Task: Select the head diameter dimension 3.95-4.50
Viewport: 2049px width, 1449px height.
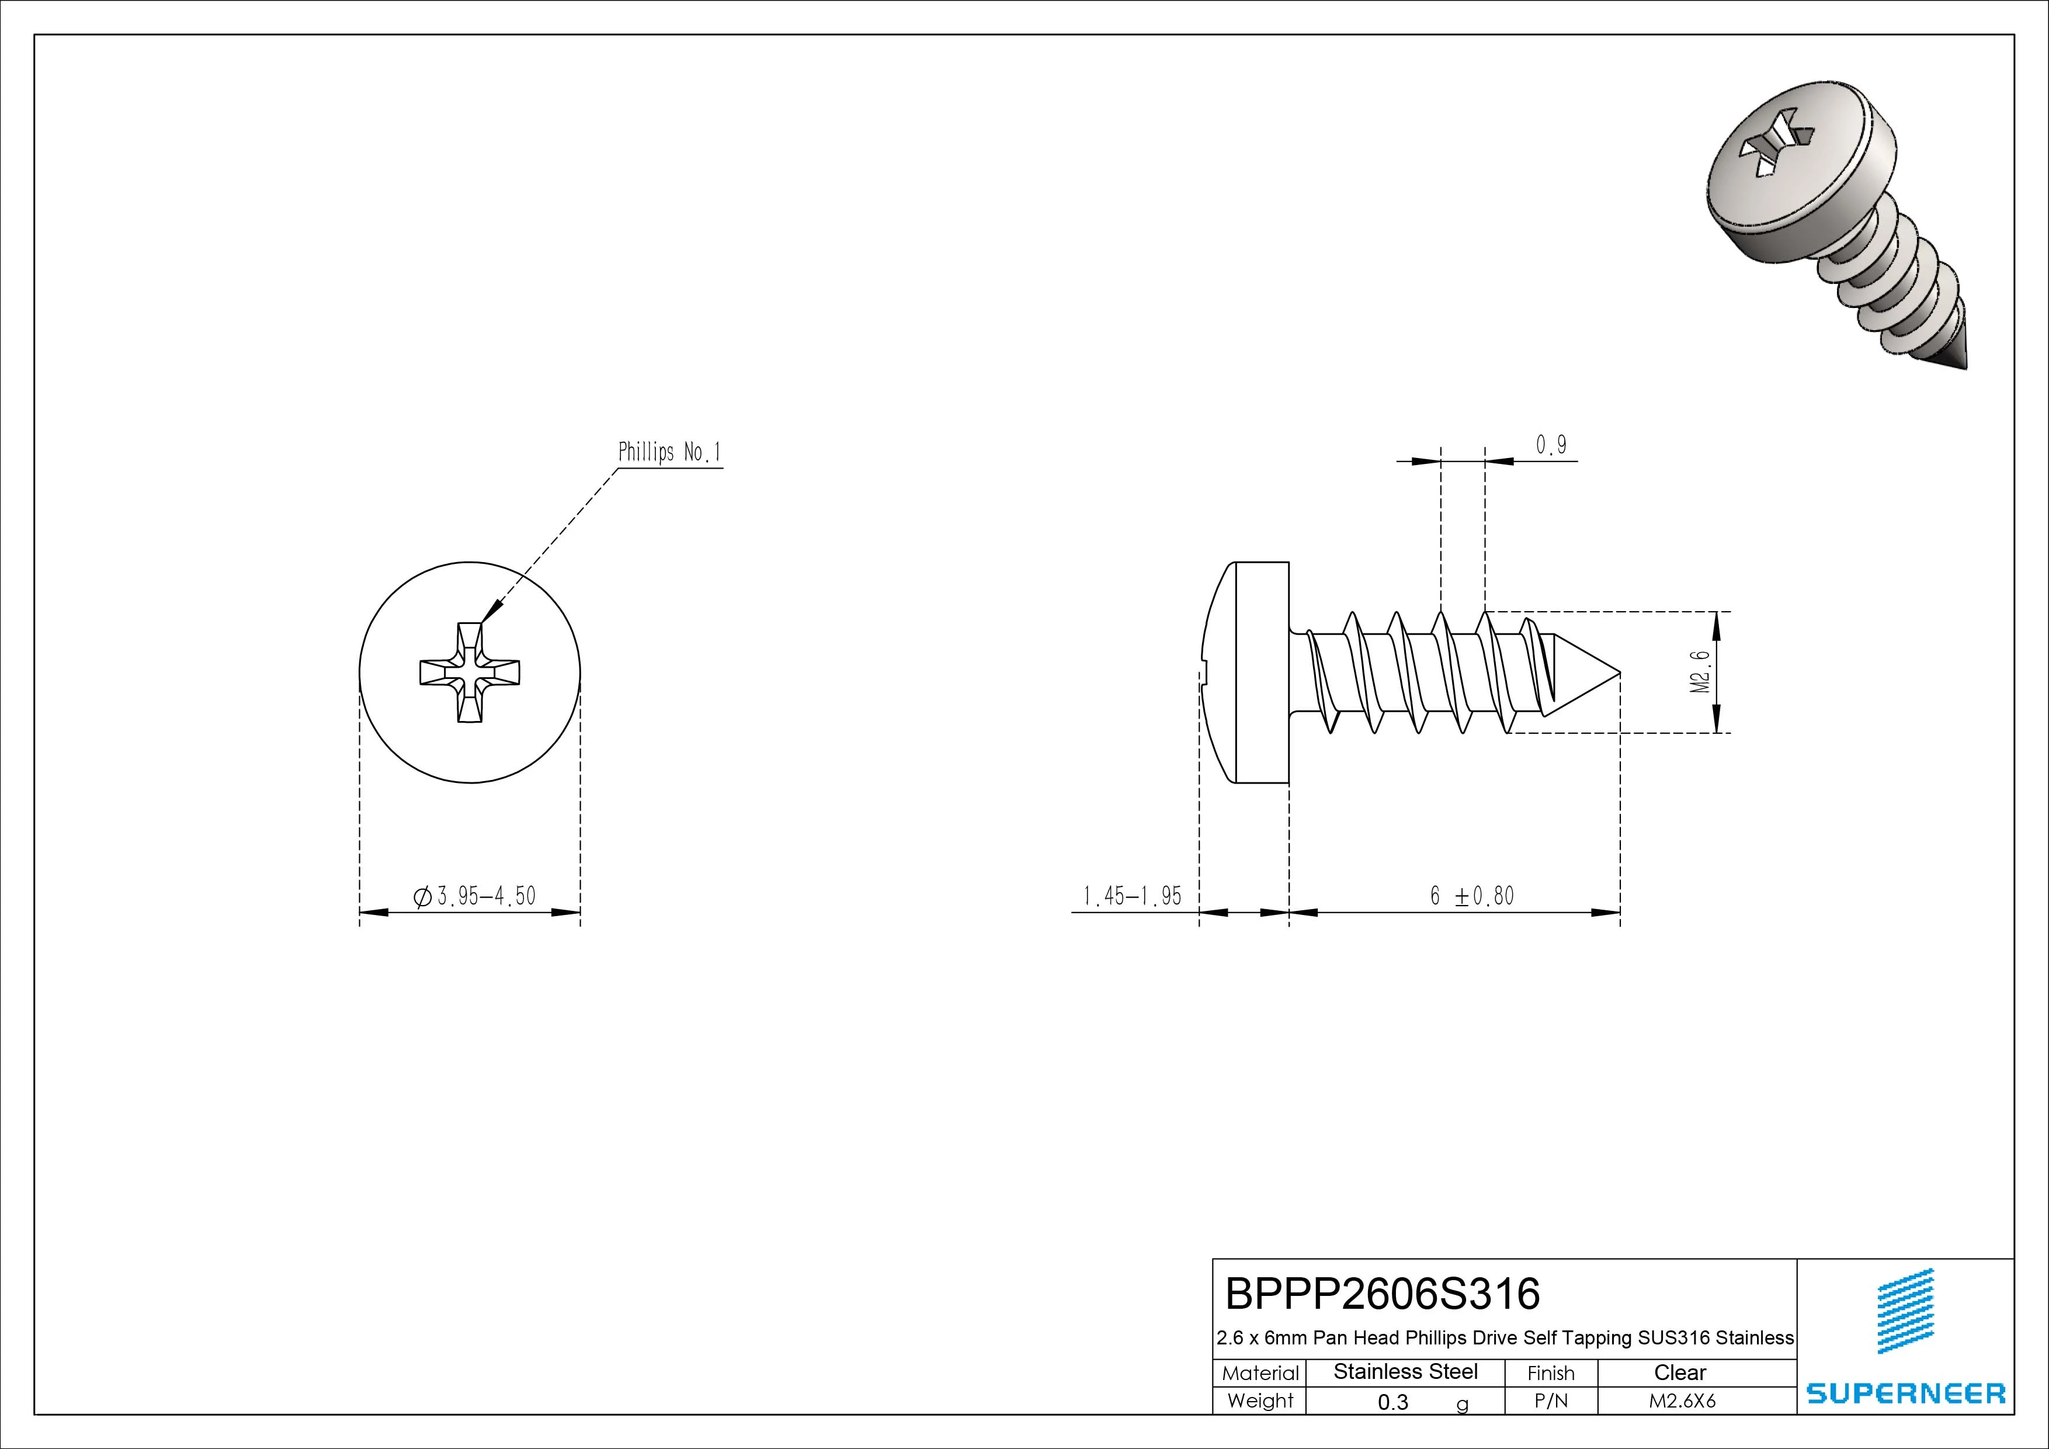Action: point(475,896)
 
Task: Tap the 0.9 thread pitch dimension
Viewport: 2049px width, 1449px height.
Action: point(1551,445)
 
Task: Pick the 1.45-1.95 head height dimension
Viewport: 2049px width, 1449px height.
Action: point(1131,896)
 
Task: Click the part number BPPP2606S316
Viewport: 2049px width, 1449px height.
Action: point(1383,1293)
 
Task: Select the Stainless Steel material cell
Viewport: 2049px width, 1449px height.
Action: point(1405,1371)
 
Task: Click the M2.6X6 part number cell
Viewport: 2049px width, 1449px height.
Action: point(1682,1401)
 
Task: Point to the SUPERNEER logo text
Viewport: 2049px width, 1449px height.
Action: point(1905,1393)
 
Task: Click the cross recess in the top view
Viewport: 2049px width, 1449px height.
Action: point(470,672)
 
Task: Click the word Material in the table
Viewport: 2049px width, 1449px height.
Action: point(1260,1373)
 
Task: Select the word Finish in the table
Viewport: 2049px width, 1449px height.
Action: point(1551,1373)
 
